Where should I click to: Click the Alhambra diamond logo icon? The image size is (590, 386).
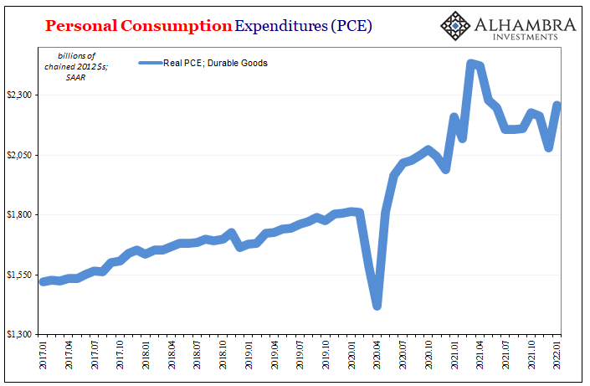click(455, 26)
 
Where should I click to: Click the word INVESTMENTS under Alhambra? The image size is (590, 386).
click(526, 37)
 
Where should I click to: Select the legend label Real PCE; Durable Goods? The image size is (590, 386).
click(215, 63)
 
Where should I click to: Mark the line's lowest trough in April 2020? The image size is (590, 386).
click(377, 306)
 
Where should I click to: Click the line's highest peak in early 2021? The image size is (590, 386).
click(472, 64)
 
